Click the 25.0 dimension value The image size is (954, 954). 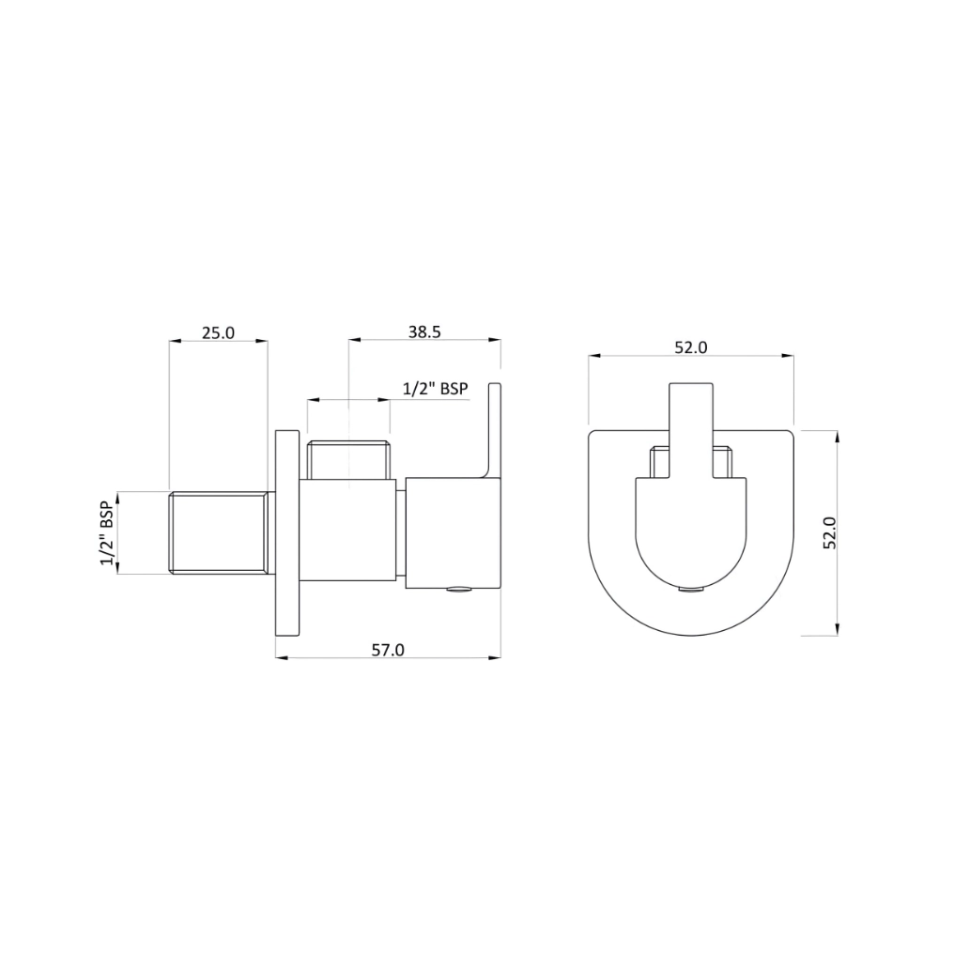point(218,332)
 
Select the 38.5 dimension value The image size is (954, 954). point(424,331)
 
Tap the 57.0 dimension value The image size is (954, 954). point(388,649)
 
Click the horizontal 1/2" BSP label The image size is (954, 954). point(435,388)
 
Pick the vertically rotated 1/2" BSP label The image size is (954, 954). point(107,532)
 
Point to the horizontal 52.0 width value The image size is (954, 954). point(690,347)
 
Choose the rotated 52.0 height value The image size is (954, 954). point(828,533)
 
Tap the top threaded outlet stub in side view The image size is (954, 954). point(348,459)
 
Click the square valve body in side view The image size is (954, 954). point(348,531)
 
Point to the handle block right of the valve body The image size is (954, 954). point(453,532)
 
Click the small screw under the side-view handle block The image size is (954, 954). point(457,590)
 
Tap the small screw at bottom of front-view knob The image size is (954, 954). point(690,590)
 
